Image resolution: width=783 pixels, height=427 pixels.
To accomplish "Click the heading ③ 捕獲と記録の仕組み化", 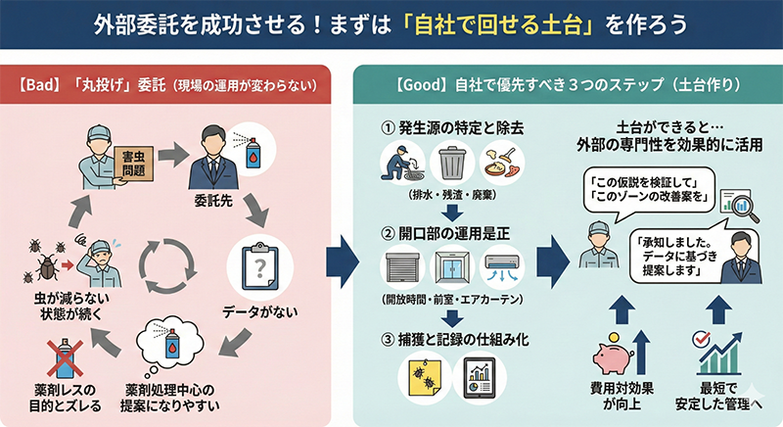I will tap(450, 339).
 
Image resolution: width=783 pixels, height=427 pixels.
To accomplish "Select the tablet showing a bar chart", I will tap(480, 377).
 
